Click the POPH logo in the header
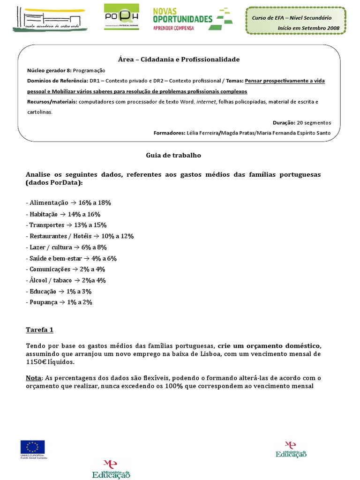pyautogui.click(x=121, y=17)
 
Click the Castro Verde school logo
pyautogui.click(x=49, y=18)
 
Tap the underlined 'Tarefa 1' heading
pyautogui.click(x=39, y=330)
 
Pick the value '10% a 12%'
pyautogui.click(x=118, y=236)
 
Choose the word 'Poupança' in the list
pyautogui.click(x=43, y=302)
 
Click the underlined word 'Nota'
pyautogui.click(x=34, y=378)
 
